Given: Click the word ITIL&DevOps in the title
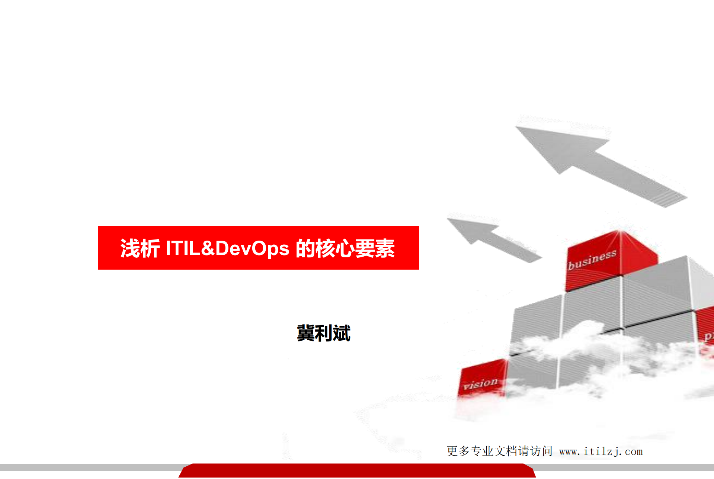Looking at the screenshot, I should coord(227,248).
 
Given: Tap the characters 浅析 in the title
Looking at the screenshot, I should coord(140,248).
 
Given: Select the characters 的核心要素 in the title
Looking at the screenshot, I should coord(345,248).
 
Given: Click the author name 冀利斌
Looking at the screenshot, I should coord(324,333).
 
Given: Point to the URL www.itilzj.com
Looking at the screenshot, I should coord(601,451).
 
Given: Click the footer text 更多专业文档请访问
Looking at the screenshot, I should coord(499,451).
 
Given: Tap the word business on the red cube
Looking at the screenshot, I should coord(592,259).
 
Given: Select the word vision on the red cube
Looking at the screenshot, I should coord(480,383).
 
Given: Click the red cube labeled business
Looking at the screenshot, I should coord(610,260).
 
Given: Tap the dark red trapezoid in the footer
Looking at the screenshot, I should coord(357,471).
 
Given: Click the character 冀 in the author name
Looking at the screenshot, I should coord(305,333).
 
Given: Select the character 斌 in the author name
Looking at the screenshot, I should coord(342,333).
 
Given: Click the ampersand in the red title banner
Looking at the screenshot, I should coord(207,248).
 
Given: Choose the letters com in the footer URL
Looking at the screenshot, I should coord(634,452).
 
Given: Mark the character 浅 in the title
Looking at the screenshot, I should coord(130,248).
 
